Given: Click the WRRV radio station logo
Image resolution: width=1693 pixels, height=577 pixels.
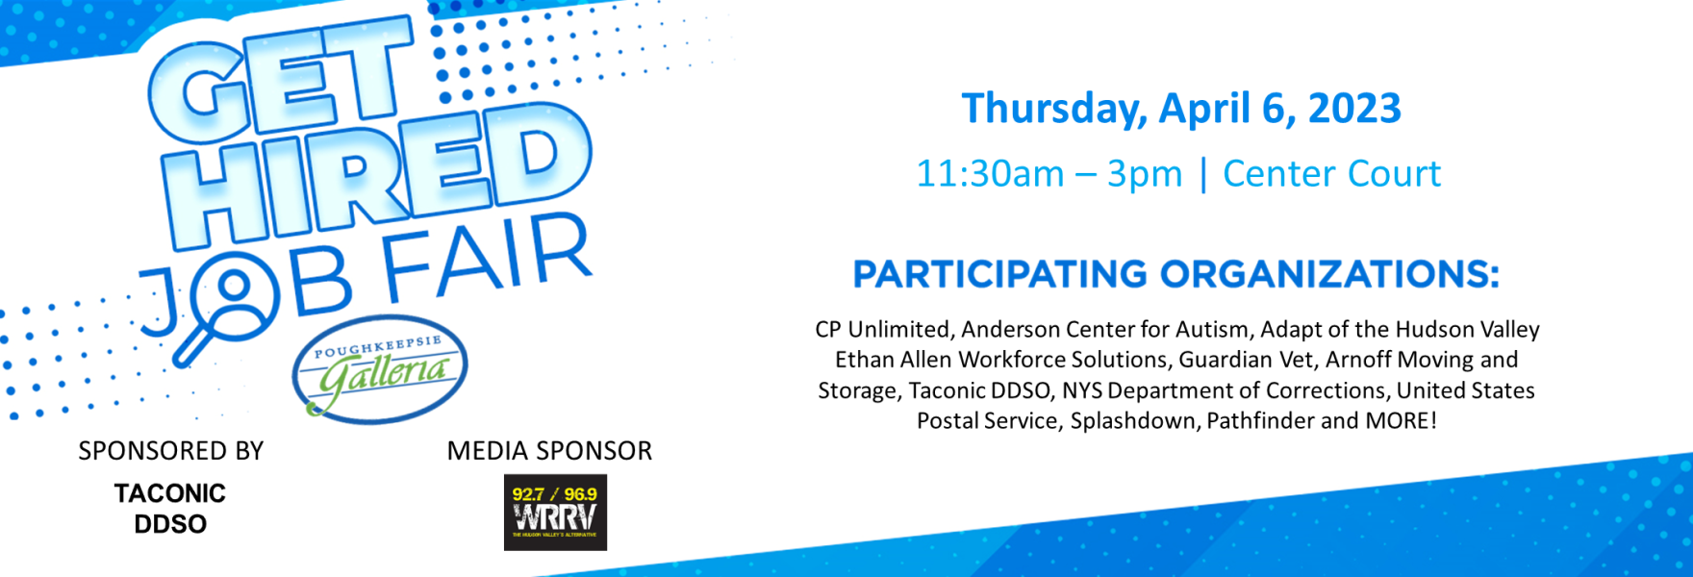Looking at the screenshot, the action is coord(555,513).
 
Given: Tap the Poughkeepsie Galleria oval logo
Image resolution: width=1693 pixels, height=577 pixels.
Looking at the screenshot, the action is coord(380,369).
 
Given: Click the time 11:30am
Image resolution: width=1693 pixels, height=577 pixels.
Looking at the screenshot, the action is coord(990,174).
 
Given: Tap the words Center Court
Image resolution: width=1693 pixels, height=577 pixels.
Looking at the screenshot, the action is coord(1332,174).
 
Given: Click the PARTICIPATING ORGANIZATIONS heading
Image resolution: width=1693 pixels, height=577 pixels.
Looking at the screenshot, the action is coord(1175,275).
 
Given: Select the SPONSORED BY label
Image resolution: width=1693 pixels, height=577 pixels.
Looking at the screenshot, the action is coord(171,451).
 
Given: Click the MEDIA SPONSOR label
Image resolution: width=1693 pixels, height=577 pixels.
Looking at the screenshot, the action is coord(549,451).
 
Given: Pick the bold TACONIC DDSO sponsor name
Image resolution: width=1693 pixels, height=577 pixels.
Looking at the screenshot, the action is coord(170,509).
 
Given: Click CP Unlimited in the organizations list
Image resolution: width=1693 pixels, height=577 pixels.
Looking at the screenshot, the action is coord(882,330).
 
